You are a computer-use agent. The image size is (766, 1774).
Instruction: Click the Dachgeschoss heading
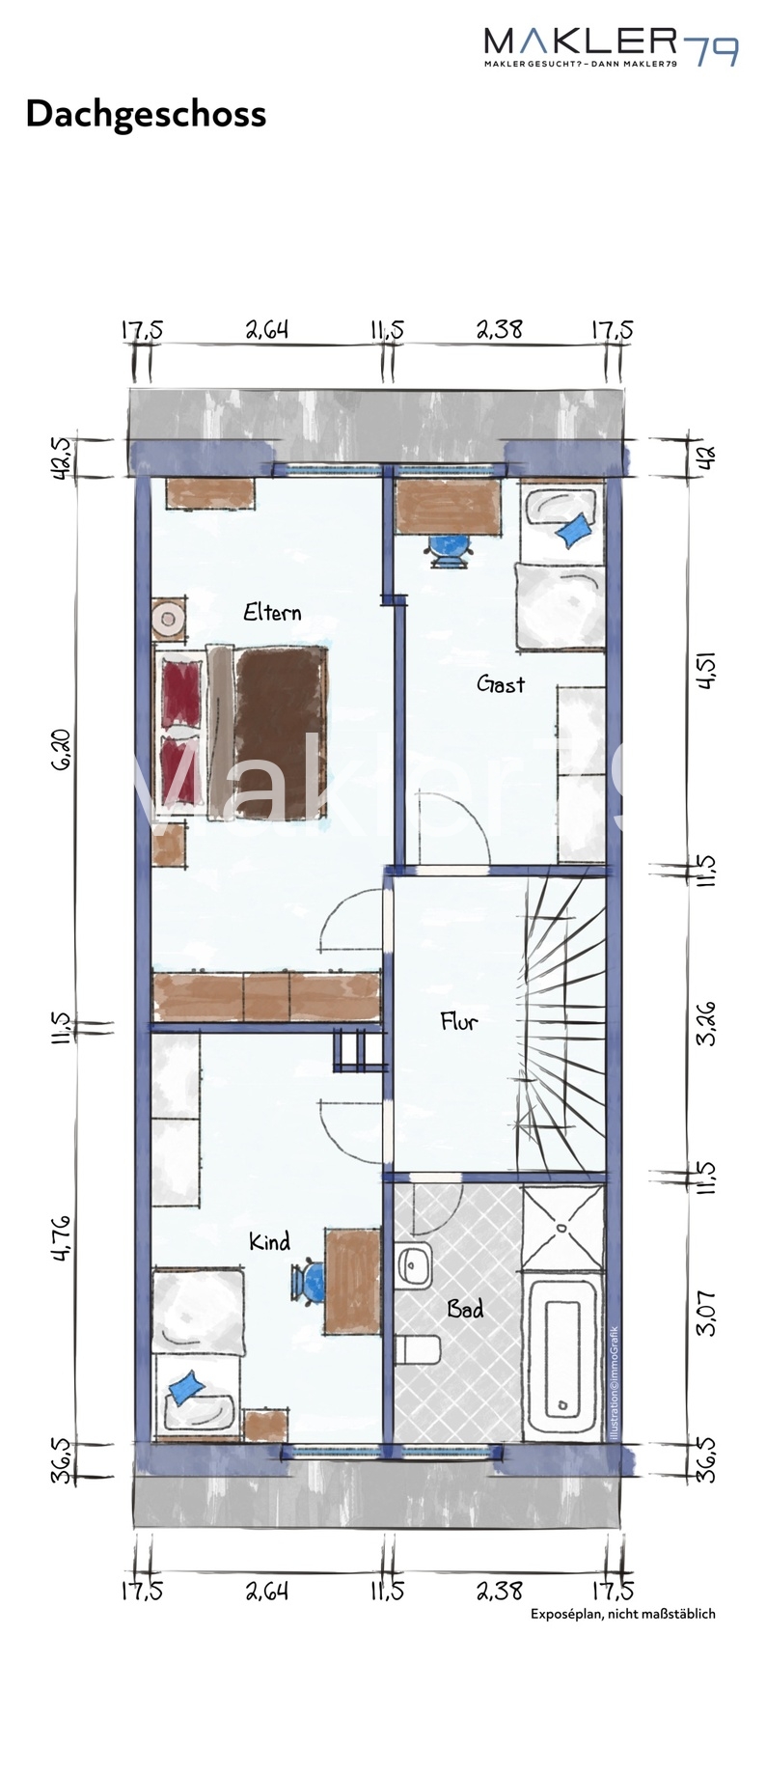point(146,114)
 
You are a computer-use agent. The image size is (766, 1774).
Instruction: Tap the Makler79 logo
point(611,46)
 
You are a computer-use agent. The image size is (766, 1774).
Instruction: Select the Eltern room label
point(272,612)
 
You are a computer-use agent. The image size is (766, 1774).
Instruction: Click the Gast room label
point(501,684)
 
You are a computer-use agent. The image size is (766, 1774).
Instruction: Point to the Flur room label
point(458,1021)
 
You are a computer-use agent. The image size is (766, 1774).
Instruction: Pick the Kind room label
point(269,1241)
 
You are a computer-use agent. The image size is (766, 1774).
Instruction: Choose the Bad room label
point(465,1309)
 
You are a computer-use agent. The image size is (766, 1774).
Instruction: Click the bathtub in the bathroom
point(563,1356)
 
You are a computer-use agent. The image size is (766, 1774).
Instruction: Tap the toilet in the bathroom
point(419,1347)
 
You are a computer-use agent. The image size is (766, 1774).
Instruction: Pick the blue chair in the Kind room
point(310,1283)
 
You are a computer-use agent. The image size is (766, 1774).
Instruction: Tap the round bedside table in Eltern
point(170,618)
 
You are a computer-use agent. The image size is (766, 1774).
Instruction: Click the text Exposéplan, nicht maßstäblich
point(623,1613)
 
